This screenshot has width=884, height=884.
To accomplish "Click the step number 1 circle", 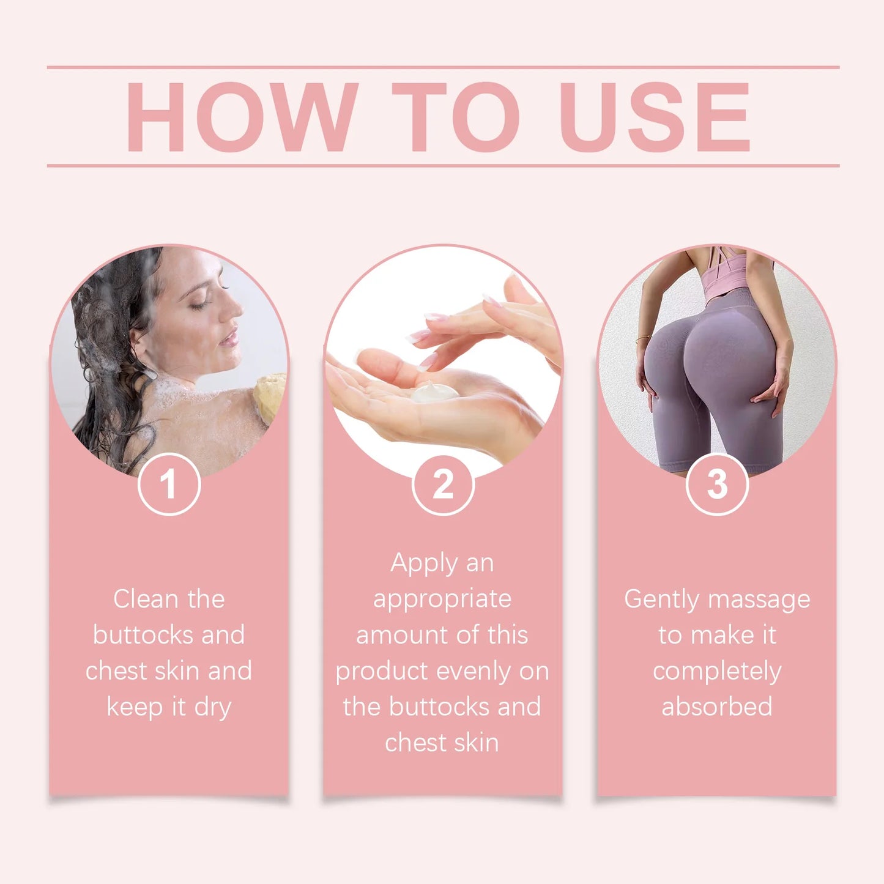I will coord(169,485).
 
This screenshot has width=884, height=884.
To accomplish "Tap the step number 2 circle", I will coord(443,485).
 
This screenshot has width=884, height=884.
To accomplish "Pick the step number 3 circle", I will coord(717,485).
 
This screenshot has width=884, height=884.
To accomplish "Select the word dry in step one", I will coord(212,708).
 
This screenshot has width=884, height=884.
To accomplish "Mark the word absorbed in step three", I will coord(717,707).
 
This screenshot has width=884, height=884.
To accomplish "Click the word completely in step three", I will coord(717,672).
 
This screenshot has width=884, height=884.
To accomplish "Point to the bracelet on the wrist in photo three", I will coord(642,338).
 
